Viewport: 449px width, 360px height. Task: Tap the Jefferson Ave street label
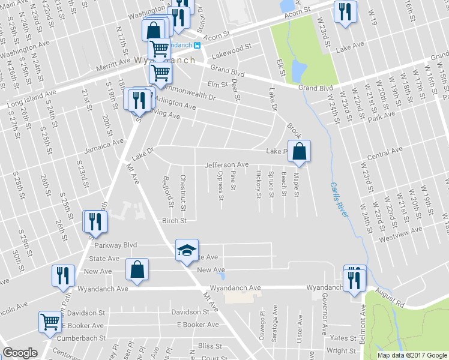pyautogui.click(x=226, y=164)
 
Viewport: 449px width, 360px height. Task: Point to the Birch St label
pyautogui.click(x=175, y=220)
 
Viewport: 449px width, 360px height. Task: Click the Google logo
pyautogui.click(x=20, y=353)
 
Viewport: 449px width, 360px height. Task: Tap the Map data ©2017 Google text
pyautogui.click(x=412, y=355)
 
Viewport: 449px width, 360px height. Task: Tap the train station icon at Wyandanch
pyautogui.click(x=204, y=46)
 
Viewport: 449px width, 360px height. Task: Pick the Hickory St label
pyautogui.click(x=258, y=184)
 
